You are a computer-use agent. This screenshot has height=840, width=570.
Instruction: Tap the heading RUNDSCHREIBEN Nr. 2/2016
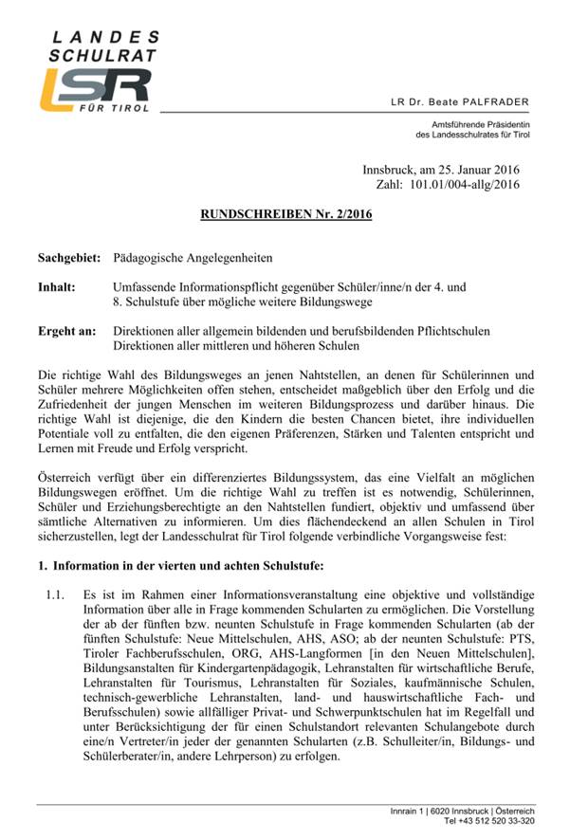[x=285, y=214]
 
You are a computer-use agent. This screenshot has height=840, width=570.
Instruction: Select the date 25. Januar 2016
[x=478, y=170]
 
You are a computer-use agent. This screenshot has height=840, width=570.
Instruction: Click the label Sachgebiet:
[x=69, y=258]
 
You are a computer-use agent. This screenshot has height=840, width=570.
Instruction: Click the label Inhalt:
[x=57, y=285]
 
